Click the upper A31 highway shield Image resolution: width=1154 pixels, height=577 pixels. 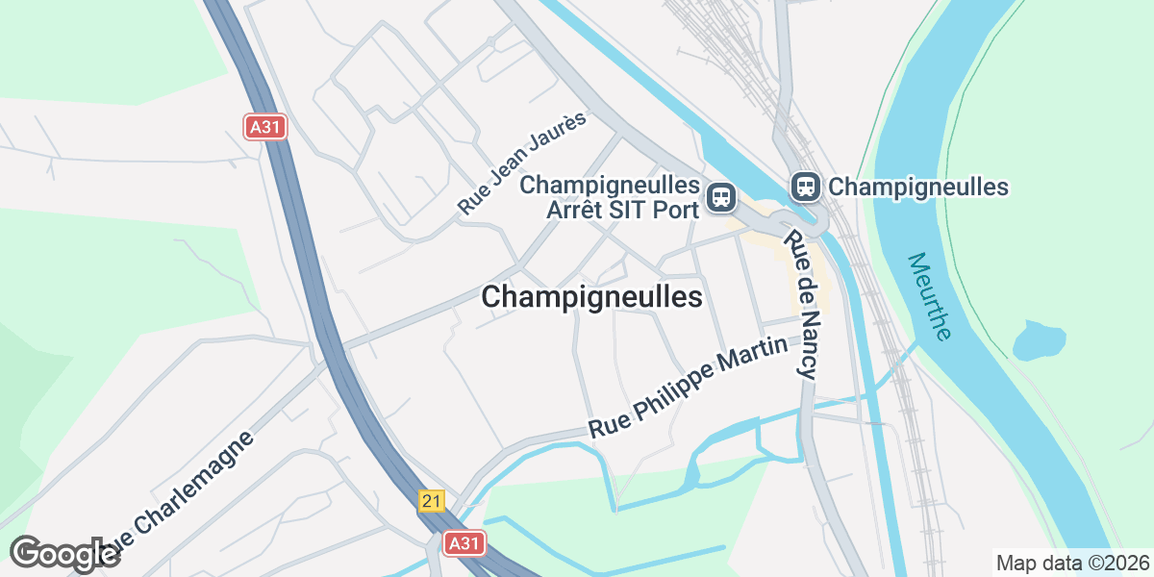coord(264,127)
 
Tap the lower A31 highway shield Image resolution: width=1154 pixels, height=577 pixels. coord(464,543)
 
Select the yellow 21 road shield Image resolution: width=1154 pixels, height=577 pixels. coord(433,501)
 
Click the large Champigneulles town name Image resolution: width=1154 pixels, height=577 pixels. coord(591,297)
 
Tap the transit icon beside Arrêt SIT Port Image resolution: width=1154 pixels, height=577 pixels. coord(720,198)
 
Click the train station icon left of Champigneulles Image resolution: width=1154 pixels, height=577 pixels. coord(805,187)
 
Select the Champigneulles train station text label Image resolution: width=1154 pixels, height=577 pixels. coord(917,187)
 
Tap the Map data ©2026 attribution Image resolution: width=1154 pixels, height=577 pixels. coord(1072,563)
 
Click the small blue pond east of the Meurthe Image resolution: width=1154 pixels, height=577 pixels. coord(1039,339)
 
